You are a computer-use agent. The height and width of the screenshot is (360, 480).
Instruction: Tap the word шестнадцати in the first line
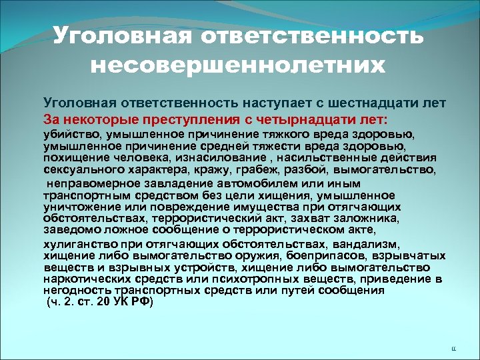[355, 104]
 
